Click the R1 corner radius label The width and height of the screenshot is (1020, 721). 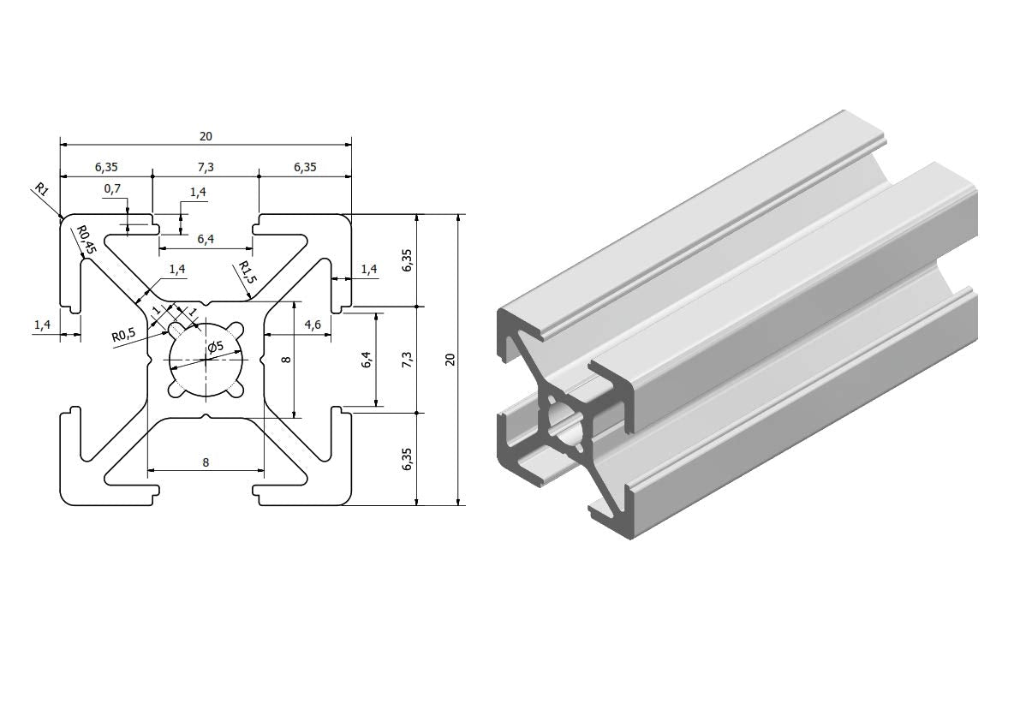(x=41, y=189)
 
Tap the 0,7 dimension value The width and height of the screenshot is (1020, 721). (x=112, y=188)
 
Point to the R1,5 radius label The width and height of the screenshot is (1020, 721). (x=248, y=271)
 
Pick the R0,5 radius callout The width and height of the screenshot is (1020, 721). (x=123, y=336)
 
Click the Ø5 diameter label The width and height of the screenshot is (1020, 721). (x=215, y=347)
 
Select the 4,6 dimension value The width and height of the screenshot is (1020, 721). (x=313, y=325)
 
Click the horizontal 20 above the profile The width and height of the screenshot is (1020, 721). (x=206, y=136)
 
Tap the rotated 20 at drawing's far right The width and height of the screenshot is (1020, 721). (x=450, y=360)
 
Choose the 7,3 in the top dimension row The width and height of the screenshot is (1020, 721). (x=206, y=167)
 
